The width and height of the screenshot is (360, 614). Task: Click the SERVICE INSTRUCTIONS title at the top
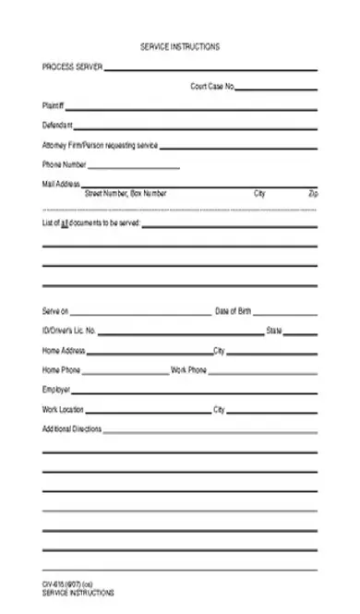tap(180, 47)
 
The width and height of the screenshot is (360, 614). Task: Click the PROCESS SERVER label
tap(72, 67)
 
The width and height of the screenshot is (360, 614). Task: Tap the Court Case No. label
tap(212, 87)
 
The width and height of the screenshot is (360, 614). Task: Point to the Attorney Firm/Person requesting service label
tap(100, 146)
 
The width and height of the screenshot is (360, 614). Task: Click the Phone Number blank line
tap(134, 167)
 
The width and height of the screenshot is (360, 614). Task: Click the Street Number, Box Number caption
tap(126, 194)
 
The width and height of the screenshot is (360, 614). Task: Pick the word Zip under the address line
tap(314, 194)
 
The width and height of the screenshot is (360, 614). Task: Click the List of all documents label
tap(90, 223)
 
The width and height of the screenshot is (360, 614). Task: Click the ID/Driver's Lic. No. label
tap(69, 331)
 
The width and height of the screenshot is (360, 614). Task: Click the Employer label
tap(56, 390)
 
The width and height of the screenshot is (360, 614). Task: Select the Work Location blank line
tap(148, 411)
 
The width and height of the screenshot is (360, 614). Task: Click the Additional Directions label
tap(72, 429)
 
